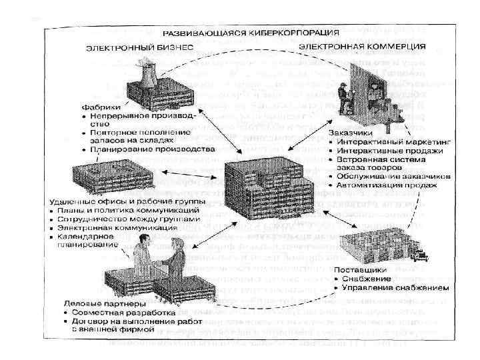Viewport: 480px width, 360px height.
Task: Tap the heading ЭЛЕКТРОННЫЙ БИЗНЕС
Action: click(138, 47)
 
